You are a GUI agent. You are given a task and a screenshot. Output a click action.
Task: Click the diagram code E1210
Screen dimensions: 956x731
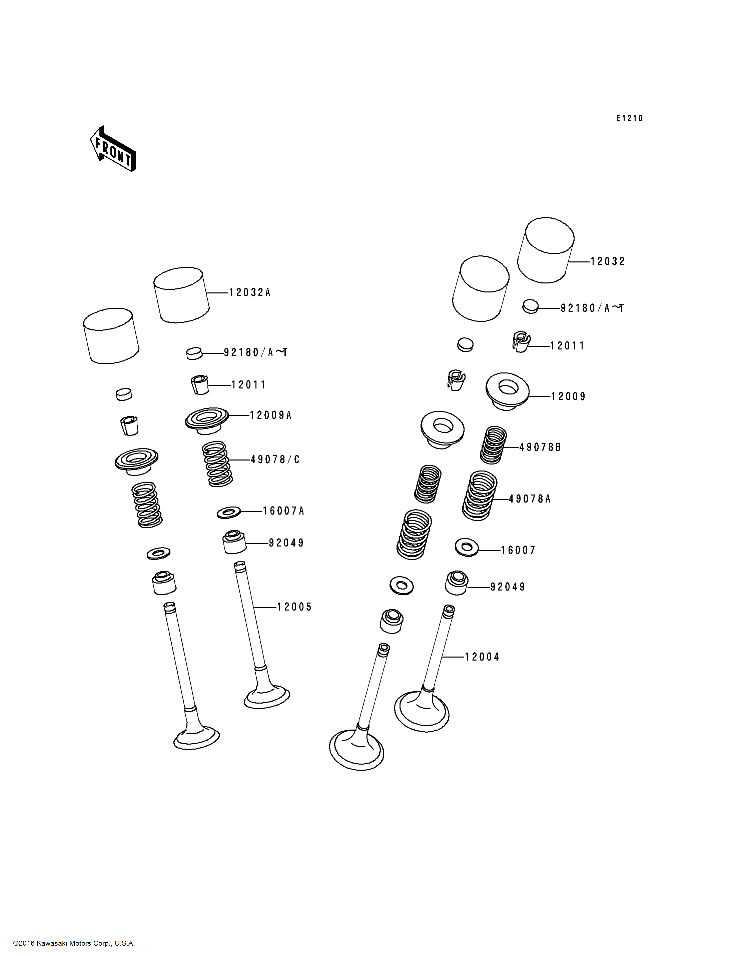coord(629,118)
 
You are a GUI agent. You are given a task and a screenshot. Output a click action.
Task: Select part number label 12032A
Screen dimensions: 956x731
coord(250,292)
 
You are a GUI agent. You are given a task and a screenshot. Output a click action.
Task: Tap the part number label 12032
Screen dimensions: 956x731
coord(607,261)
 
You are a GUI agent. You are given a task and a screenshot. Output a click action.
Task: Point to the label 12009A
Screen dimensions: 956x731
coord(270,415)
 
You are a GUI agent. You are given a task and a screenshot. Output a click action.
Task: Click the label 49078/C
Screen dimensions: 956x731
coord(275,459)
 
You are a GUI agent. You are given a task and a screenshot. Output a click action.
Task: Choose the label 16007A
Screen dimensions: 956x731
coord(283,511)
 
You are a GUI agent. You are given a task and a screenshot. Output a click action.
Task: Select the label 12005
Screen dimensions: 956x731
coord(294,607)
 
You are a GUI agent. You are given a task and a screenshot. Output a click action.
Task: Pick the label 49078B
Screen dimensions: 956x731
coord(540,447)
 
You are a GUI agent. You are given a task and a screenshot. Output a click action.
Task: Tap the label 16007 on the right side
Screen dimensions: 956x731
coord(518,550)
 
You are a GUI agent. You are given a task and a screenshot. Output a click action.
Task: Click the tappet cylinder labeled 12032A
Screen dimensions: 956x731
coord(181,295)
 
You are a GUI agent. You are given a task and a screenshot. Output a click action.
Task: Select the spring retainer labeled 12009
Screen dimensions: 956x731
coord(507,391)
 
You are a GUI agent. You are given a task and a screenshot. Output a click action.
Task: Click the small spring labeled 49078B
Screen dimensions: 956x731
coord(494,445)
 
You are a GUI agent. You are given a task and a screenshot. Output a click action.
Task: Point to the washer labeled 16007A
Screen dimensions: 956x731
coord(229,512)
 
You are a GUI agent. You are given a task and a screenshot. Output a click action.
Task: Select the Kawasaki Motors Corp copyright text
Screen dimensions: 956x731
coord(74,943)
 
